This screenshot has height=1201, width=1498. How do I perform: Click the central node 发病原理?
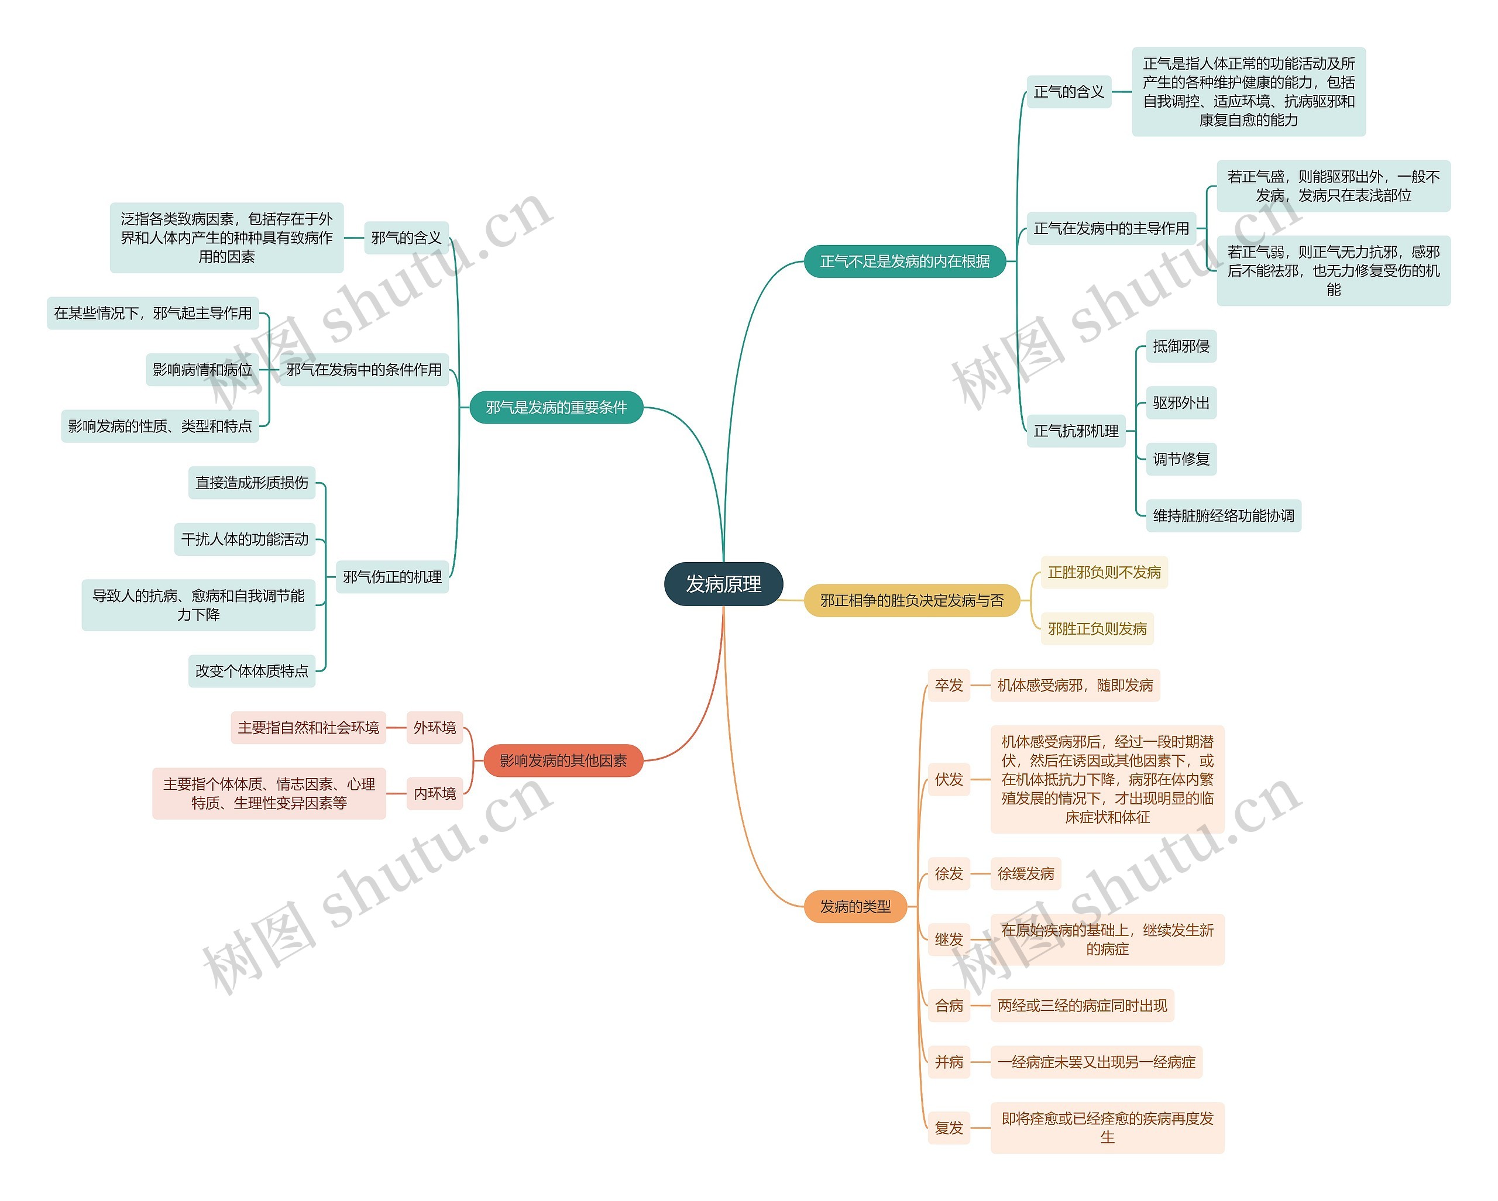tap(723, 584)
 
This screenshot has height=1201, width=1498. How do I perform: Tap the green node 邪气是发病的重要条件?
tap(556, 408)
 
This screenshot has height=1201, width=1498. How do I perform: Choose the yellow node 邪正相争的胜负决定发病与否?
tap(912, 601)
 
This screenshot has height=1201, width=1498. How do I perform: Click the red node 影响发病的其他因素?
tap(563, 760)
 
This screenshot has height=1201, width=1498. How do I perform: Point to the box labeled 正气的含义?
tap(1068, 92)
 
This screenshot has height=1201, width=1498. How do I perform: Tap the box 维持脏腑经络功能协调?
tap(1223, 516)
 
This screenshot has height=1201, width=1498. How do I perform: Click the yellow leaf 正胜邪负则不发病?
tap(1104, 572)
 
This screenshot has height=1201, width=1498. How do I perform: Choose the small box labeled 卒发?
tap(949, 686)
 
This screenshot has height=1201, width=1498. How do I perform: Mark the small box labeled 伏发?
tap(949, 779)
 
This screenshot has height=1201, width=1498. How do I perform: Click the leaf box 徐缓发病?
tap(1026, 874)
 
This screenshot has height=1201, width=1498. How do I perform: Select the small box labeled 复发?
tap(949, 1128)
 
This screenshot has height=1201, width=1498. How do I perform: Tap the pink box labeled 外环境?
tap(434, 728)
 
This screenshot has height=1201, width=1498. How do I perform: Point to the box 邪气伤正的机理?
tap(392, 577)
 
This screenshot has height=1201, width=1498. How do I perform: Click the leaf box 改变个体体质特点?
tap(252, 671)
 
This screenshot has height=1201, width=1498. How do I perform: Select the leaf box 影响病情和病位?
tap(202, 370)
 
